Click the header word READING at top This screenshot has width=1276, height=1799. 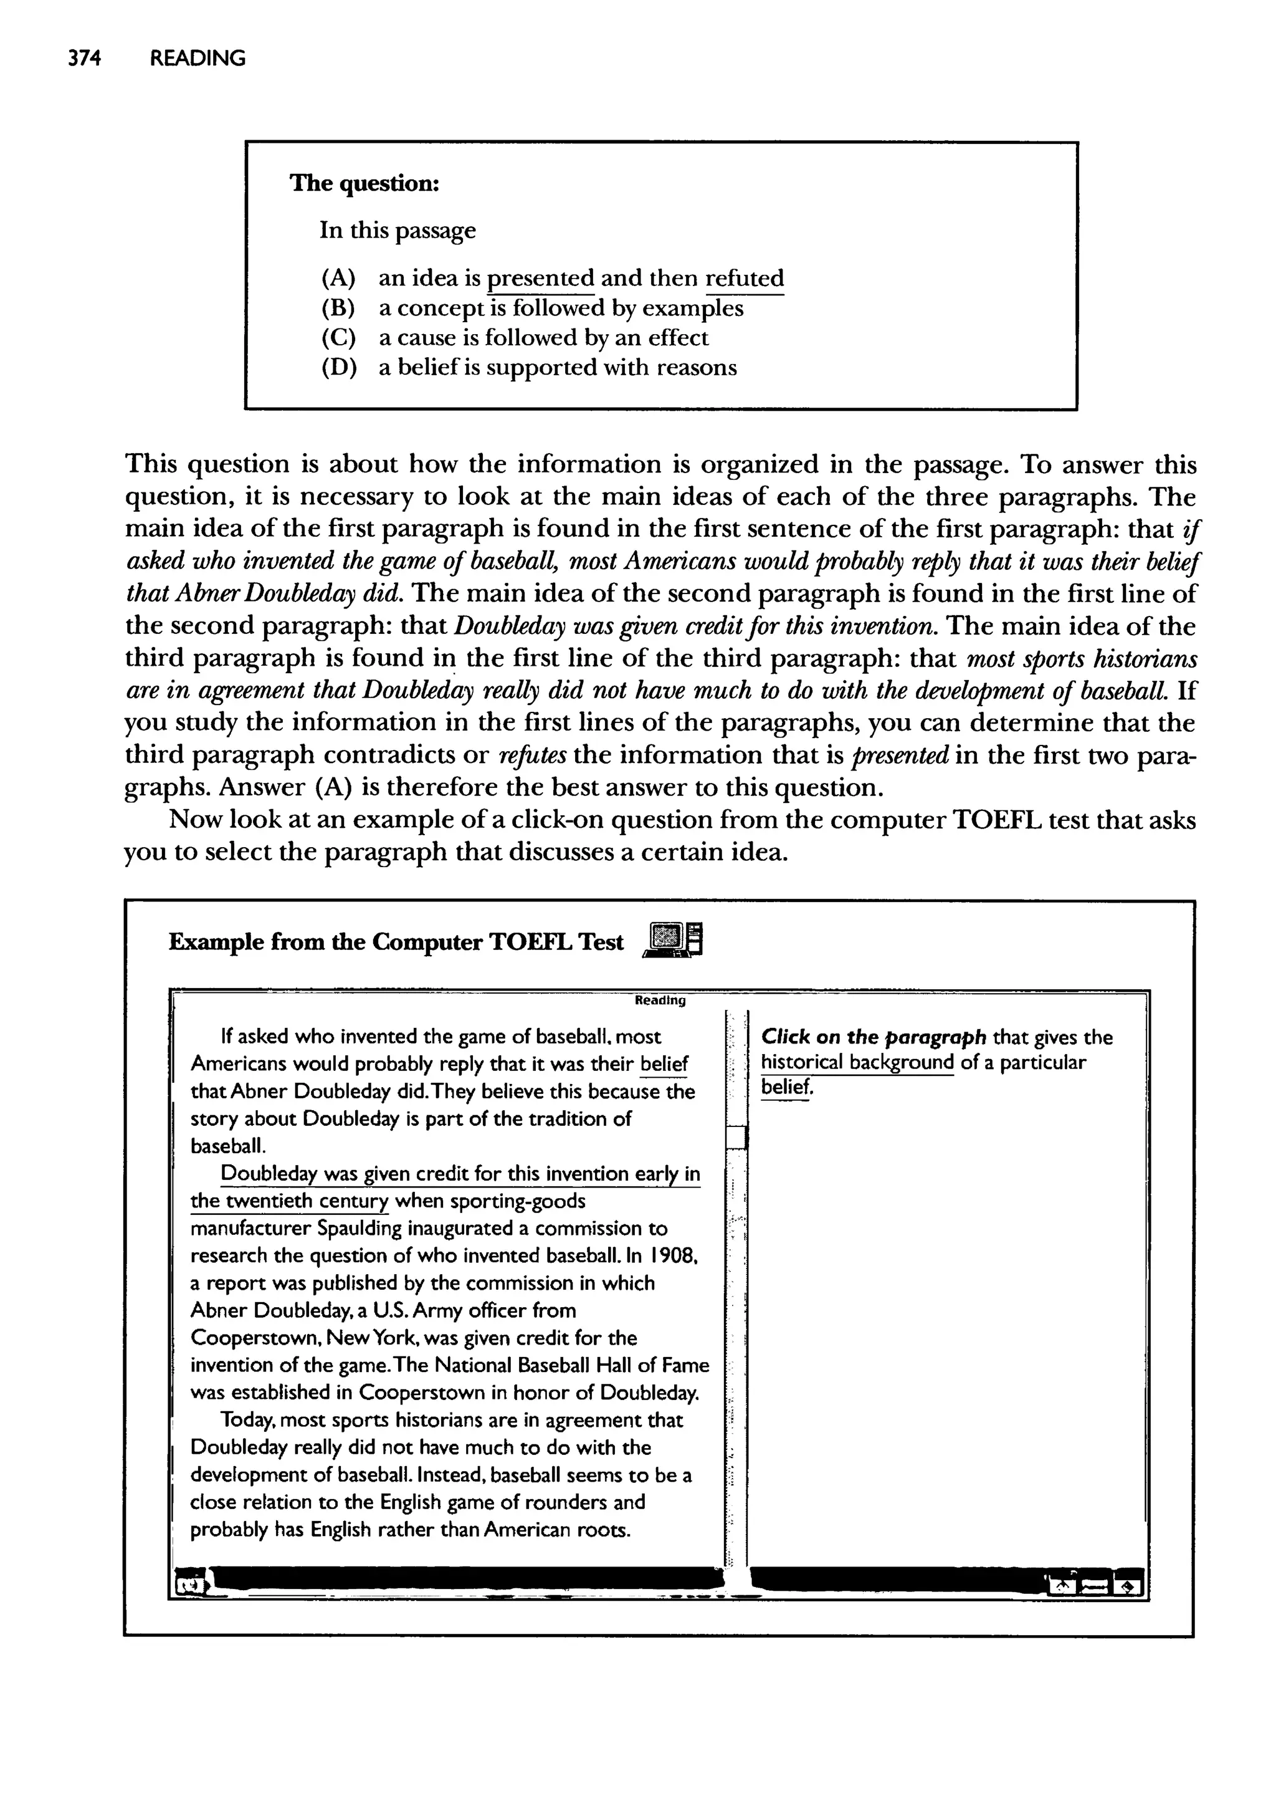(x=198, y=58)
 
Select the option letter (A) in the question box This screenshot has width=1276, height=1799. (x=338, y=278)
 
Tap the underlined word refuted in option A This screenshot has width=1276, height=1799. (x=744, y=278)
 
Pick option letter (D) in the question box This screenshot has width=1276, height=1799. (x=338, y=368)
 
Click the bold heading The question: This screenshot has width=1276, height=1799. (x=364, y=183)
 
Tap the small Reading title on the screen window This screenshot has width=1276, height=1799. (x=659, y=1000)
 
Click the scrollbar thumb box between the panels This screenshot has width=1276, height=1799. (x=736, y=1137)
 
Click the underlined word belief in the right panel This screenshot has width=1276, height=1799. (x=785, y=1088)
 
